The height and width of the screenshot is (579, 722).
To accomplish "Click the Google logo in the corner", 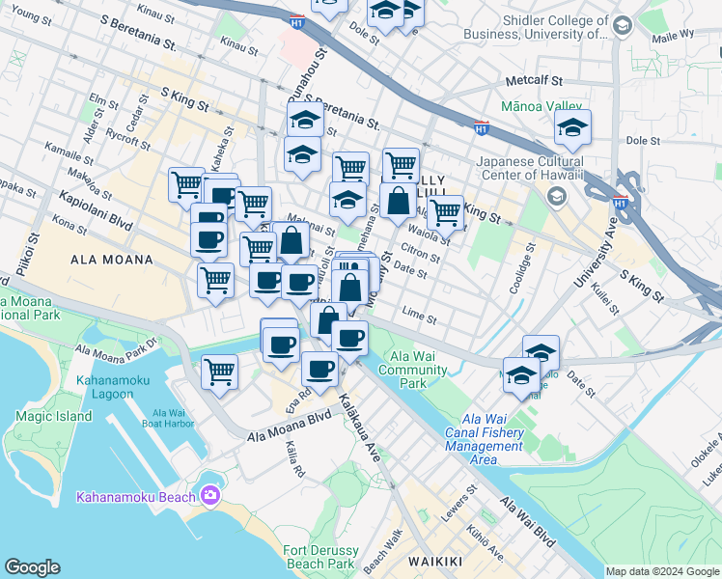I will [x=33, y=567].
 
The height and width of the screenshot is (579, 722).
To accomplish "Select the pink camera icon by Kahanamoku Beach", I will [x=211, y=496].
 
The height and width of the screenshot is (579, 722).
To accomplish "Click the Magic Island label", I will [x=54, y=416].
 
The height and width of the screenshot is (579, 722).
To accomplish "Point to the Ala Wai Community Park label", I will [x=420, y=370].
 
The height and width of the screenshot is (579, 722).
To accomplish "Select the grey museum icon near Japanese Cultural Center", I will [x=556, y=197].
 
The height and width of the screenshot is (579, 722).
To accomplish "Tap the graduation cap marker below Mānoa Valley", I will [x=572, y=127].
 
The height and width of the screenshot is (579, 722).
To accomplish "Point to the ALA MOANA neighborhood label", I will [x=112, y=260].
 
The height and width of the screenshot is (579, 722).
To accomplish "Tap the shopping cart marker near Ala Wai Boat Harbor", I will [x=220, y=372].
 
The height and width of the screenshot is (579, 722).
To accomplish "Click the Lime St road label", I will [x=419, y=316].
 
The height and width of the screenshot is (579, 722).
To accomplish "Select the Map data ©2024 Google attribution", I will [x=662, y=571].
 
